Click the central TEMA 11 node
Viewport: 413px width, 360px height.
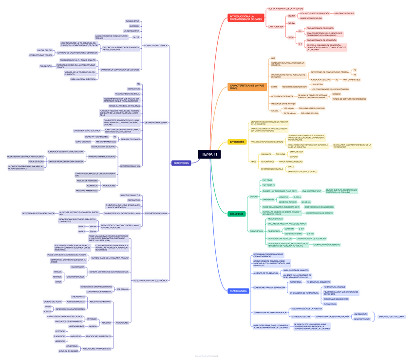[209, 154]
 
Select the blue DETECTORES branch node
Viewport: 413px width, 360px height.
[181, 163]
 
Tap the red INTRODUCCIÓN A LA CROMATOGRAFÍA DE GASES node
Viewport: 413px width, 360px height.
[246, 18]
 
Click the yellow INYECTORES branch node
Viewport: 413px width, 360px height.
[237, 142]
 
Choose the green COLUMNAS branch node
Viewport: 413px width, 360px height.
[237, 214]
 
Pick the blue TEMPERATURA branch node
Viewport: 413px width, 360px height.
[238, 291]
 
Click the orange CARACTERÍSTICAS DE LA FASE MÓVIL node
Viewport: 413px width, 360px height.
[247, 87]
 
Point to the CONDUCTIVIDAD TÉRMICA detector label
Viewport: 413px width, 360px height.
[156, 45]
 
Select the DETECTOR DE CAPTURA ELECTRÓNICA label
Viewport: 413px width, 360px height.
[150, 281]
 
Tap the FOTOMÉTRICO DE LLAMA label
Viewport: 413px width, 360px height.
[156, 213]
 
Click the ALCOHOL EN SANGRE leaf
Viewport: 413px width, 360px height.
[69, 351]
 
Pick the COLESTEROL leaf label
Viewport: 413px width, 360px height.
[72, 346]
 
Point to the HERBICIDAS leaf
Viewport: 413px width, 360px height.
[60, 341]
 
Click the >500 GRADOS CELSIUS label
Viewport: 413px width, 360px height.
[344, 14]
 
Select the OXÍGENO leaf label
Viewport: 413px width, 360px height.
[337, 94]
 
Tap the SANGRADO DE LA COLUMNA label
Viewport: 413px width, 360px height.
[392, 317]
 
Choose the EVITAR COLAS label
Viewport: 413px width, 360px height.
[330, 304]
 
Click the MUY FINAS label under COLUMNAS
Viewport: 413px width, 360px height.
[267, 180]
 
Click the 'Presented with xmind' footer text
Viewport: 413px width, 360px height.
[206, 356]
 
